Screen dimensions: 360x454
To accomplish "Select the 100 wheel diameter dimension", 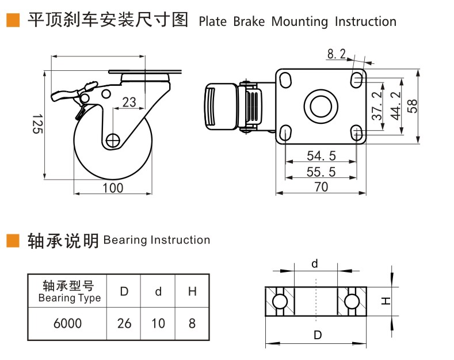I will click(x=113, y=188).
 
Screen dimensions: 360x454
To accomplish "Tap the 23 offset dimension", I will click(x=129, y=103).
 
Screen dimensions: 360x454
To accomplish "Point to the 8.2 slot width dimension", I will click(x=336, y=54).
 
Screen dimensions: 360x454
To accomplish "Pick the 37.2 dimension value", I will click(x=377, y=106).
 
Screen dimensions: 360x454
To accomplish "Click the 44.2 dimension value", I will click(x=395, y=106).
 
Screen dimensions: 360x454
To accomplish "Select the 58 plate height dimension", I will click(x=413, y=106).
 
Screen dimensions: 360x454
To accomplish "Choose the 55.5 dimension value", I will click(x=322, y=172).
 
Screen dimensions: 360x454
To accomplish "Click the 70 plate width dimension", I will click(x=321, y=187).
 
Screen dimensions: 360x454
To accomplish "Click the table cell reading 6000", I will click(x=67, y=324).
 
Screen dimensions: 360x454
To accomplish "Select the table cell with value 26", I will click(x=124, y=324).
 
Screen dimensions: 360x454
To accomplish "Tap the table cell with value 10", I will click(x=158, y=324).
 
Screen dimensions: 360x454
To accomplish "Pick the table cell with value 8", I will click(x=192, y=324).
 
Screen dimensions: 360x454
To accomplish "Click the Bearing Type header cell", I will click(x=68, y=291).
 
